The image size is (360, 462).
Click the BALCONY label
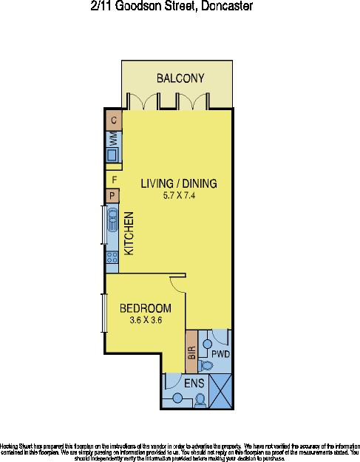click(180, 78)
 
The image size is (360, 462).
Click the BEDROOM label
click(146, 308)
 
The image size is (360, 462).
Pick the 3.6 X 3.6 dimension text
click(146, 320)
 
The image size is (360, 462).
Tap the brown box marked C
click(114, 120)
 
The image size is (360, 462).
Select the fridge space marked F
click(115, 180)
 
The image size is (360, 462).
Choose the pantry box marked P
click(112, 195)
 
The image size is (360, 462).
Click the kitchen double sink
click(112, 220)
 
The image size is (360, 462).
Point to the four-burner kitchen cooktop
click(112, 258)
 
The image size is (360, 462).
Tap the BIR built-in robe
click(190, 353)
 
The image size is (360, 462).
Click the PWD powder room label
click(221, 355)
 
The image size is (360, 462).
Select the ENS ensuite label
click(194, 383)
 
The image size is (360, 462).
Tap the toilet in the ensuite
click(200, 400)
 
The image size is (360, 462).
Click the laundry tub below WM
click(112, 155)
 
